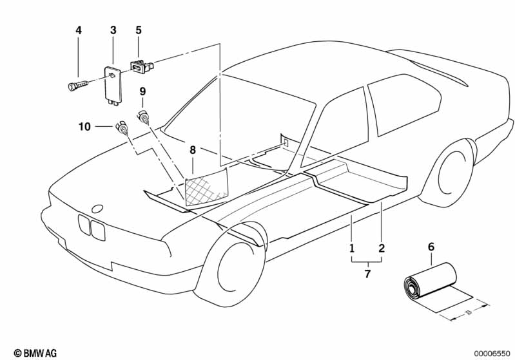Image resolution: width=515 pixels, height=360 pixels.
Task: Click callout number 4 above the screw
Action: [79, 30]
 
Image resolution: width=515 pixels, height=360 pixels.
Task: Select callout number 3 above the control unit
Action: [113, 30]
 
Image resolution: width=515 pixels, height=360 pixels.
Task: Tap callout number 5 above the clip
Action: [139, 30]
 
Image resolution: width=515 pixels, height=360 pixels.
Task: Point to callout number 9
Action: [142, 91]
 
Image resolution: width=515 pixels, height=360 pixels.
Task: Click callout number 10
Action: [84, 126]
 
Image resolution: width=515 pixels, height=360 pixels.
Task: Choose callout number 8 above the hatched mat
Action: [193, 150]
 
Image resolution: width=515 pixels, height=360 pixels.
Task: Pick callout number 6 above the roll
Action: [431, 247]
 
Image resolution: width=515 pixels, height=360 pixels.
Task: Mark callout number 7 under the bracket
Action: [367, 273]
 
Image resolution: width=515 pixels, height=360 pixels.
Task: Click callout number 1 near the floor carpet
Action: [352, 248]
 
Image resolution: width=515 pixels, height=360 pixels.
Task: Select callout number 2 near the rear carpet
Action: [382, 248]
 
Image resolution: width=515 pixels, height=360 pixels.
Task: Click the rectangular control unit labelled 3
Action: [112, 84]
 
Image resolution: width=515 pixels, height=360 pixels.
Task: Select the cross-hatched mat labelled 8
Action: [206, 186]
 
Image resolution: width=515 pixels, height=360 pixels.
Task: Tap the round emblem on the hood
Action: [97, 209]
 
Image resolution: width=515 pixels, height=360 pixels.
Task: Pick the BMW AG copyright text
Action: [35, 353]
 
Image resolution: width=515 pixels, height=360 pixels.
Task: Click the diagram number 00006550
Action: [492, 354]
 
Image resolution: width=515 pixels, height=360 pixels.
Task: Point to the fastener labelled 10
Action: [122, 128]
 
